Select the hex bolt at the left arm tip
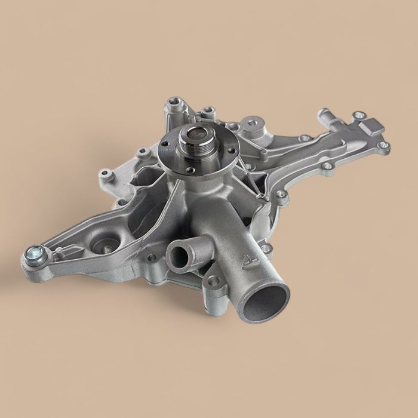coord(32,257)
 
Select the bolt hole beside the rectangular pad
coord(358,115)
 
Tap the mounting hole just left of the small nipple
coord(152,257)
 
